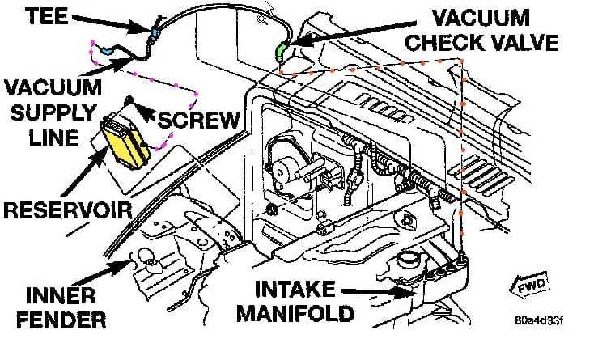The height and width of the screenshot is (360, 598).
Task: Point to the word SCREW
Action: (197, 121)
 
